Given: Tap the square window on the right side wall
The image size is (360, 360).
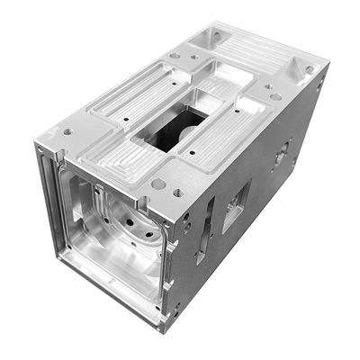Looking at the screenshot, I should [x=237, y=204].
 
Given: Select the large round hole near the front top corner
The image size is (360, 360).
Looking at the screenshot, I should [x=158, y=184].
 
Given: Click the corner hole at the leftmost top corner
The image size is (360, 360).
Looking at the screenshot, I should [x=67, y=131].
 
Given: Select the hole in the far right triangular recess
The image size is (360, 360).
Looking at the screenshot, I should [x=310, y=68].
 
